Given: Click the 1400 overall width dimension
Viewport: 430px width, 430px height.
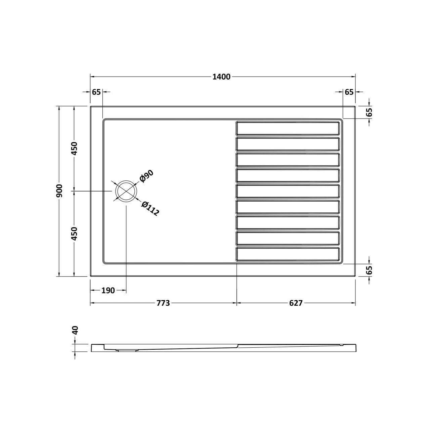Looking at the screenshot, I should [x=222, y=77].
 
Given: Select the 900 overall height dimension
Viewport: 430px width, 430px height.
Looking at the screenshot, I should [x=59, y=191].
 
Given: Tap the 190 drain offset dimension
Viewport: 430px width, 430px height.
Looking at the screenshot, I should [x=108, y=291].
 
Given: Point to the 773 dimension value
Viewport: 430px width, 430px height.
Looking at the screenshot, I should [x=163, y=303].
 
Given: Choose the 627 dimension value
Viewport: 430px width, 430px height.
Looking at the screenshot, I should [x=296, y=303].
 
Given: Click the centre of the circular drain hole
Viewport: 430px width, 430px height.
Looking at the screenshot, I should [x=126, y=191].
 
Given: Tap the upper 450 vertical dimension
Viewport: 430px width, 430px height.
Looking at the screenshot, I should [x=75, y=148].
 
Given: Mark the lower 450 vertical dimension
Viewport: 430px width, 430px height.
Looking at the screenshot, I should [x=75, y=233].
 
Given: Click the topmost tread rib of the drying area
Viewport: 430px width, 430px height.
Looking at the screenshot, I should [x=288, y=128].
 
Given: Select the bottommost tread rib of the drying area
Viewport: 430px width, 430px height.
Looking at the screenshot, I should [x=288, y=254].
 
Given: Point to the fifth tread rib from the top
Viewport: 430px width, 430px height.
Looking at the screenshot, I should [x=288, y=191].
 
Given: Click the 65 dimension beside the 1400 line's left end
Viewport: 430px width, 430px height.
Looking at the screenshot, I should [x=96, y=92].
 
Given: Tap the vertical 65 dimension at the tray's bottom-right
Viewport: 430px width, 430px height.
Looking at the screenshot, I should [x=369, y=270].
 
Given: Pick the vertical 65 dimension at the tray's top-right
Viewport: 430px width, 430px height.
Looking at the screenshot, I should [x=369, y=113].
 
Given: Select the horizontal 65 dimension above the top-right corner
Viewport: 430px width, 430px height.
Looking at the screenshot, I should [x=349, y=92].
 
